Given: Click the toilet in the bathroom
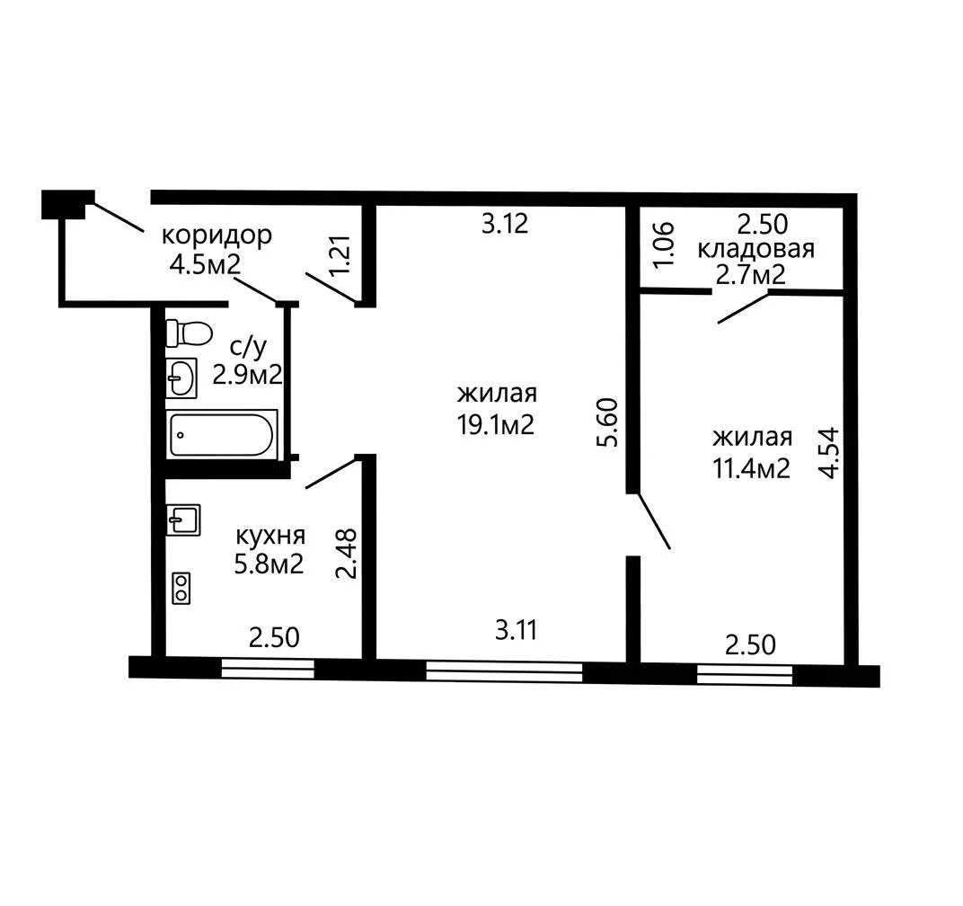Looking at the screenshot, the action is pos(189,333).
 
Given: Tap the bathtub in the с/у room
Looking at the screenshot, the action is pos(221,434).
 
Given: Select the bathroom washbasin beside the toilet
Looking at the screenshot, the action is pos(181,377).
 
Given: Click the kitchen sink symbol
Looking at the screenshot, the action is pos(183,520).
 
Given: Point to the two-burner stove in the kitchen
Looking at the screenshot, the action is pos(181,588).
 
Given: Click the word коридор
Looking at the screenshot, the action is pos(216,235).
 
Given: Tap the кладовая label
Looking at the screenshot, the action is pos(756,249).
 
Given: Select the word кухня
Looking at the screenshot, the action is pos(271,536).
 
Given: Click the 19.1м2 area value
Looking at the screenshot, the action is pos(496,424).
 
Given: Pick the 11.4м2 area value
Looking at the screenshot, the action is pos(751,469).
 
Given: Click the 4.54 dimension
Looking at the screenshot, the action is pos(829,453).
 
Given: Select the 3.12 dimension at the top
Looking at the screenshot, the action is pos(505,224).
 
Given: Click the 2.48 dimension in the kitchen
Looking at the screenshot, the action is pos(347,554).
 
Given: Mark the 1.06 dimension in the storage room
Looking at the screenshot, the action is pos(665,244).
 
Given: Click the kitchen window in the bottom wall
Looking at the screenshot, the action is pos(268,668).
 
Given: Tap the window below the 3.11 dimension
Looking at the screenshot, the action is pos(504,671).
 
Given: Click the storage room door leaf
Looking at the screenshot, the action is pos(743,309).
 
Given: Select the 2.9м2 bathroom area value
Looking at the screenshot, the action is pos(248,374).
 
